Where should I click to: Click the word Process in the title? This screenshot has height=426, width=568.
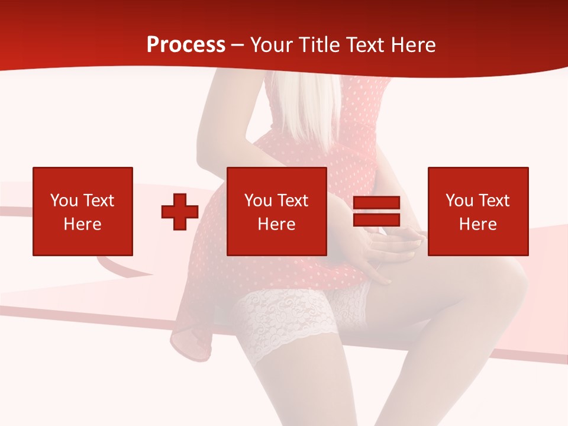pos(186,45)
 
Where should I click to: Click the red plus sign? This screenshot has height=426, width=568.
pos(180,212)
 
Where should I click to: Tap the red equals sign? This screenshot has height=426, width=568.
pos(376,212)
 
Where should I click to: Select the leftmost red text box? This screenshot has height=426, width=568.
pos(82,211)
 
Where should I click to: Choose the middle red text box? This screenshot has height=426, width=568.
pos(276,211)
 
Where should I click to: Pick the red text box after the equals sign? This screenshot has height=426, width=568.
pos(477,211)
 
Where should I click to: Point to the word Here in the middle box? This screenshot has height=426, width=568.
pos(276,224)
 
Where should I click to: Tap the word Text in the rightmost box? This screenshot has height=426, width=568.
pos(493,201)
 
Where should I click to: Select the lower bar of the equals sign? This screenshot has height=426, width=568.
pos(376,220)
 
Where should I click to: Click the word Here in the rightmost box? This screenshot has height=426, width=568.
pos(477,224)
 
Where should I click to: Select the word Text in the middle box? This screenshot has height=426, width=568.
pos(292,201)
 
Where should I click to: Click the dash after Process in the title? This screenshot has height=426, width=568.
pos(237,45)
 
